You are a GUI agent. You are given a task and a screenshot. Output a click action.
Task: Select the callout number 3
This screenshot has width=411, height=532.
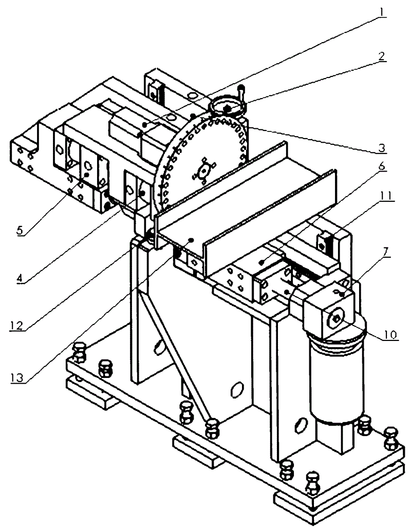(x=381, y=149)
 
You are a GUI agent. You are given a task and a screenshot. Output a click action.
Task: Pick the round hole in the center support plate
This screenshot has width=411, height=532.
(x=238, y=390)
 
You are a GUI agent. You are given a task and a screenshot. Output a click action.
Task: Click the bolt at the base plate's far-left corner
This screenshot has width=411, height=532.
(x=79, y=353)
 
